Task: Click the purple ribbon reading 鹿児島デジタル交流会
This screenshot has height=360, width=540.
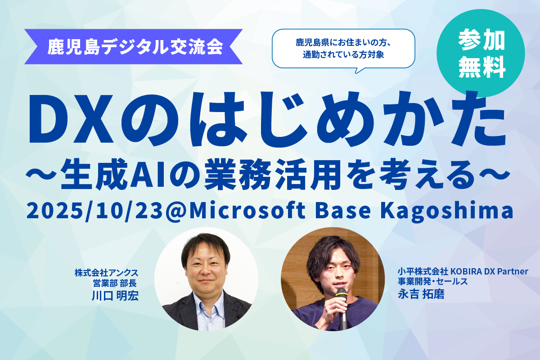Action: (x=133, y=46)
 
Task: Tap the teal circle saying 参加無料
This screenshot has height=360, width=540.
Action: (x=481, y=53)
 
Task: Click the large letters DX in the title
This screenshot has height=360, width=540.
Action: (x=72, y=119)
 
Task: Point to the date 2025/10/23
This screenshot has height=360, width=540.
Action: (x=94, y=211)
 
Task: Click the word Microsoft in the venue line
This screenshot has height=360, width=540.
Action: (x=247, y=210)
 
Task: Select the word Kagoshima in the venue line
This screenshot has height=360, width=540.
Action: (x=447, y=211)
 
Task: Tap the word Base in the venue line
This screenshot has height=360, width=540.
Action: (x=343, y=211)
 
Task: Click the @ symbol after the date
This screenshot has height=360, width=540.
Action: (x=175, y=211)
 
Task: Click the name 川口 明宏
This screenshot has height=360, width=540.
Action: (x=115, y=296)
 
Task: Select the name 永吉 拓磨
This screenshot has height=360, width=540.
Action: (x=421, y=294)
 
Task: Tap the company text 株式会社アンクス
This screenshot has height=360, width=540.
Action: (x=107, y=273)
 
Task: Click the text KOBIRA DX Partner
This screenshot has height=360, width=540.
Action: (x=489, y=271)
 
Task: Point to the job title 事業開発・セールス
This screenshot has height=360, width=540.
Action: (x=432, y=281)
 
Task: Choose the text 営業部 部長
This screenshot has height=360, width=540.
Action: (x=115, y=283)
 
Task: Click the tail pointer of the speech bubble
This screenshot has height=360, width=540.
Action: (x=360, y=70)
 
